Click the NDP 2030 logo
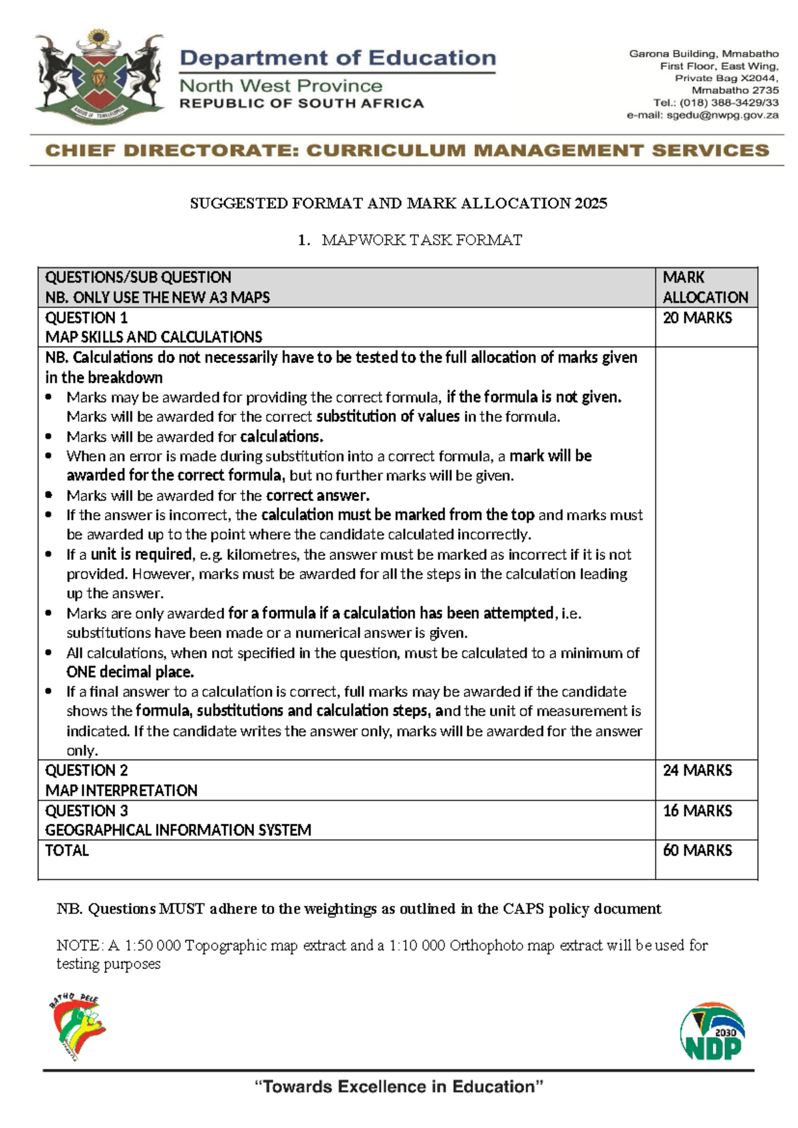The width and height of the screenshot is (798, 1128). [712, 1032]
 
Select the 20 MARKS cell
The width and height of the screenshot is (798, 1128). [697, 318]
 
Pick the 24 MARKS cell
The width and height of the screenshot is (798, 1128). [697, 770]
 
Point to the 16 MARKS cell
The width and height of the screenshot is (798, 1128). [697, 811]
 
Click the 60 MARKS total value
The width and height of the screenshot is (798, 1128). [697, 851]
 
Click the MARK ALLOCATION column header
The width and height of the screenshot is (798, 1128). [705, 287]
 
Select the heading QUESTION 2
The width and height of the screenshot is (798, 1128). [86, 770]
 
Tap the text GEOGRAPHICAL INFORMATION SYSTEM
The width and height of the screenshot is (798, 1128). [178, 830]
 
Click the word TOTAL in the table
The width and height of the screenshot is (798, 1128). [66, 851]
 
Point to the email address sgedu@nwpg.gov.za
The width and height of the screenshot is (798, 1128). [722, 115]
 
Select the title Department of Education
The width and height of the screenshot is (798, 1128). [338, 58]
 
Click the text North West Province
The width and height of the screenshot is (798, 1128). [281, 86]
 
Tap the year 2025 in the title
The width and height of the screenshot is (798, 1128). [591, 204]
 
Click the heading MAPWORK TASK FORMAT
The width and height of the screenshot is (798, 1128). [422, 240]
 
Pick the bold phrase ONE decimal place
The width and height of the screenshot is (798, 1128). [130, 672]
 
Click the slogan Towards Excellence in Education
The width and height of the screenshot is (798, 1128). [399, 1087]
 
